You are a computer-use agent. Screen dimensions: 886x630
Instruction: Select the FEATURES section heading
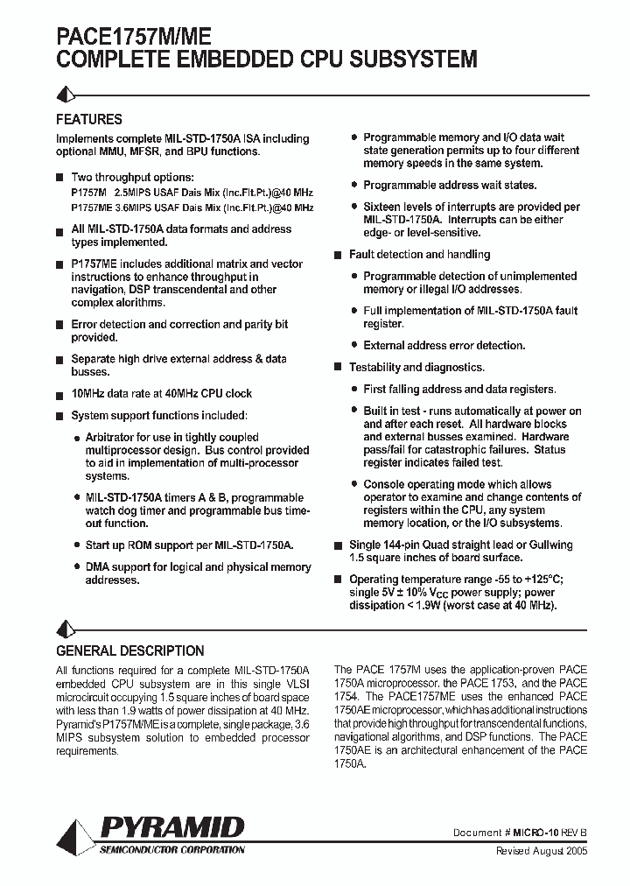click(88, 120)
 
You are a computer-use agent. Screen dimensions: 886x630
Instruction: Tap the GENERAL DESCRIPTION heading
click(129, 651)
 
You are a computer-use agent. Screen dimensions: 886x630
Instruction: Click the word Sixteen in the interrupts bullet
click(384, 207)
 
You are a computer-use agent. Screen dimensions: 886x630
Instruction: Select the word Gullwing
click(546, 545)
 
